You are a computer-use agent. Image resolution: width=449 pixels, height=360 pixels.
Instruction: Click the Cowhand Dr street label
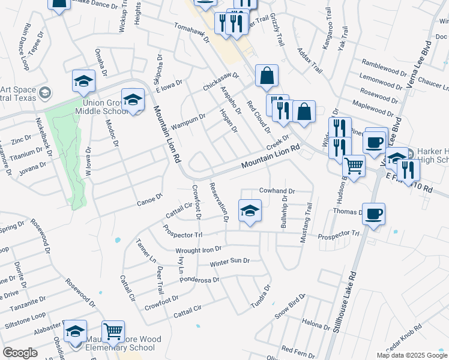point(277,191)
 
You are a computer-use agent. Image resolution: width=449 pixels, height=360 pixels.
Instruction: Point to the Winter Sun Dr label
point(229,262)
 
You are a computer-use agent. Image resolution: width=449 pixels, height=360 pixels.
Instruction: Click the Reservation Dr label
point(218,202)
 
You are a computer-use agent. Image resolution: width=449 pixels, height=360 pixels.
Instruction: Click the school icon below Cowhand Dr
point(250,211)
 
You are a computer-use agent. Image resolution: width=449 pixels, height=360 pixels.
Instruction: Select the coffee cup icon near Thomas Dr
point(373,214)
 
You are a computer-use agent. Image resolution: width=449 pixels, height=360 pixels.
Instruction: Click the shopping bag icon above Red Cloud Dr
point(267,76)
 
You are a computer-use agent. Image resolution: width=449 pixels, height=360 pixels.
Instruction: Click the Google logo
point(20,353)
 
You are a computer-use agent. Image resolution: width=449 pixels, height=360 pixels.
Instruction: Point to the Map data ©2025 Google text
point(412,355)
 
